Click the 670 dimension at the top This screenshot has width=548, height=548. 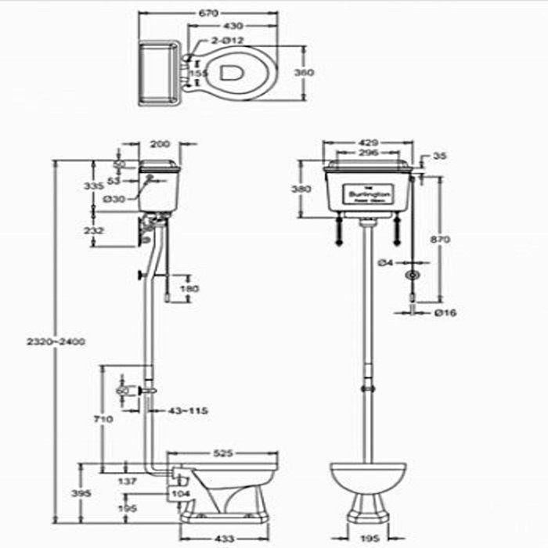tap(209, 13)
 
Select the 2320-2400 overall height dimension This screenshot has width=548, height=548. tap(55, 341)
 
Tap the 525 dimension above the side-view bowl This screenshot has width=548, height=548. tap(222, 452)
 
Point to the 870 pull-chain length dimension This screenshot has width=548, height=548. tap(440, 240)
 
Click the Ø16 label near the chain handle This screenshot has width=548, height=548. tap(445, 312)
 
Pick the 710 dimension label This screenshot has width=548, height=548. tap(103, 420)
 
